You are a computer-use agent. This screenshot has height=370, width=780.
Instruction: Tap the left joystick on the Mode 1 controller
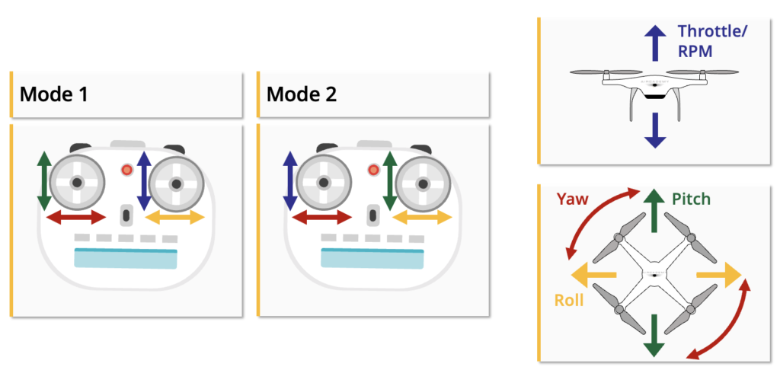pos(77,183)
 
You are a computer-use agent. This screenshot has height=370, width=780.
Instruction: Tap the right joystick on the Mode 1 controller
pos(176,183)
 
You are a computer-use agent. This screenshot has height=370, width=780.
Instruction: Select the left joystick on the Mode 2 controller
pos(324,183)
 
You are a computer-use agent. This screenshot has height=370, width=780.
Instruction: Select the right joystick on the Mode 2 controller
pos(423,183)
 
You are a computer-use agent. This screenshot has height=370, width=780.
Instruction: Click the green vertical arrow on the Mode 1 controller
pos(44,181)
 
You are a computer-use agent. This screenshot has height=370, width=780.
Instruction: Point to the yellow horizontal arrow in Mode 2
pos(422,218)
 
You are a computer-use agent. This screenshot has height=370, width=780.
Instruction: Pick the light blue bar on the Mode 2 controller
pos(372,258)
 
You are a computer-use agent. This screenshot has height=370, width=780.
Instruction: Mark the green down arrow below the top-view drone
pos(653,336)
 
